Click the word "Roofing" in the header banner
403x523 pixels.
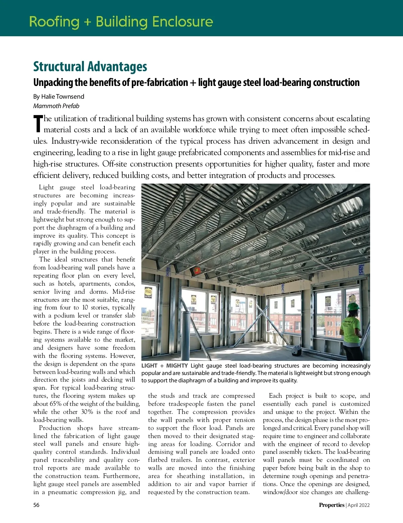tap(54, 22)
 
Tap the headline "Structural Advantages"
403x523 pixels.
tap(90, 67)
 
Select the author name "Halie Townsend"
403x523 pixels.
tap(62, 97)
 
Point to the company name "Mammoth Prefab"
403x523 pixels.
tap(56, 106)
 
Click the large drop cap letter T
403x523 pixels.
tap(38, 124)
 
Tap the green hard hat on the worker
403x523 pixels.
tap(353, 306)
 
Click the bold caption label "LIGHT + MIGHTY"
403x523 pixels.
tap(164, 366)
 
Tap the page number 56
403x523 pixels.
tap(36, 505)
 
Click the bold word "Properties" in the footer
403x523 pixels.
tap(331, 505)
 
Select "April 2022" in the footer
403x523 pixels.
tap(359, 505)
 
